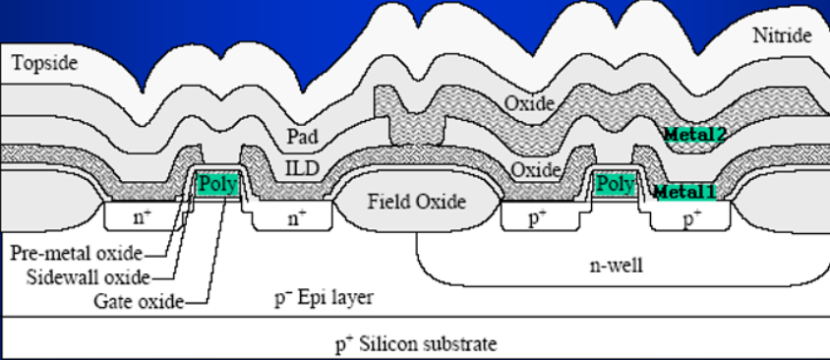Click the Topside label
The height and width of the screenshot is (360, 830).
[45, 63]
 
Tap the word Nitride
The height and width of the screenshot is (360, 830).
[783, 35]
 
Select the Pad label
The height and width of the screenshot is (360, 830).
[302, 136]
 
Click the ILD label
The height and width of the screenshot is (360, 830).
[302, 168]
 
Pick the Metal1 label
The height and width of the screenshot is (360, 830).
[685, 192]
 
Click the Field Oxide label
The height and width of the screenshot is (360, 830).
[417, 202]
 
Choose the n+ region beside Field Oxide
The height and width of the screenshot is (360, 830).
[293, 216]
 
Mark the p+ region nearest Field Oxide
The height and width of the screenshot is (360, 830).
[539, 216]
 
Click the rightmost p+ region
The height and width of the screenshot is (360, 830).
[691, 216]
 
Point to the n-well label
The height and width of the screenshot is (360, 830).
[617, 265]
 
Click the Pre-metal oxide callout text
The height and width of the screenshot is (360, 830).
[77, 254]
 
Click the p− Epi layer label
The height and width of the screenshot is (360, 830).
[323, 297]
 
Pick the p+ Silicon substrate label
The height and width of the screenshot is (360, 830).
[416, 344]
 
